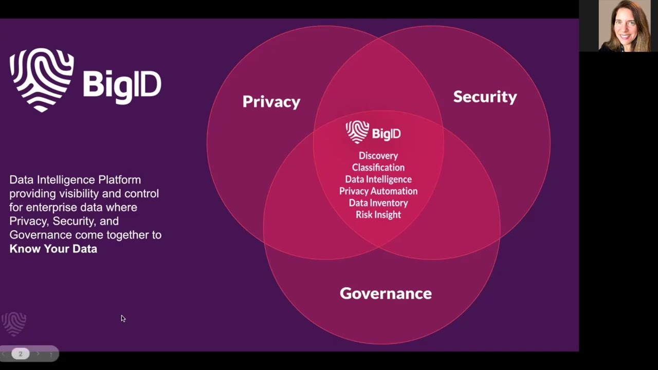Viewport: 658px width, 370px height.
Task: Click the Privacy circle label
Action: (x=271, y=102)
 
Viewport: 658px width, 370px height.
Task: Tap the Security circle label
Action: (x=485, y=97)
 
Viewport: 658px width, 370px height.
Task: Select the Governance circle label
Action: (x=386, y=293)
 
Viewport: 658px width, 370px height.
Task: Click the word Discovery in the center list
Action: (x=378, y=156)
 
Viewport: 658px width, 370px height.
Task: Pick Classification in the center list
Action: (x=378, y=168)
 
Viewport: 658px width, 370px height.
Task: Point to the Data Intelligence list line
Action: (x=378, y=179)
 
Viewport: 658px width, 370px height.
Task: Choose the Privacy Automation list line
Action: (x=378, y=191)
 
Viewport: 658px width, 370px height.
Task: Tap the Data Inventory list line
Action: (x=378, y=203)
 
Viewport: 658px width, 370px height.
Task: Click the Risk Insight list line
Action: (x=378, y=215)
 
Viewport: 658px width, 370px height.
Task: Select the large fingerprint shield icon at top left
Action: (x=42, y=80)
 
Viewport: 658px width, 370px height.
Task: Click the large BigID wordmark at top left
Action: (x=122, y=84)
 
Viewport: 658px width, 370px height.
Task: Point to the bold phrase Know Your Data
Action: (x=53, y=249)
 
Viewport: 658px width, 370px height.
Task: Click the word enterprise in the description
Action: (x=50, y=208)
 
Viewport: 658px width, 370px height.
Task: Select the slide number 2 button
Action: (x=21, y=354)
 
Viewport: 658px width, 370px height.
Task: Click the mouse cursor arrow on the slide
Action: (x=123, y=318)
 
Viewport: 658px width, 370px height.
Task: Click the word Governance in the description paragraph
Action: (x=41, y=235)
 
